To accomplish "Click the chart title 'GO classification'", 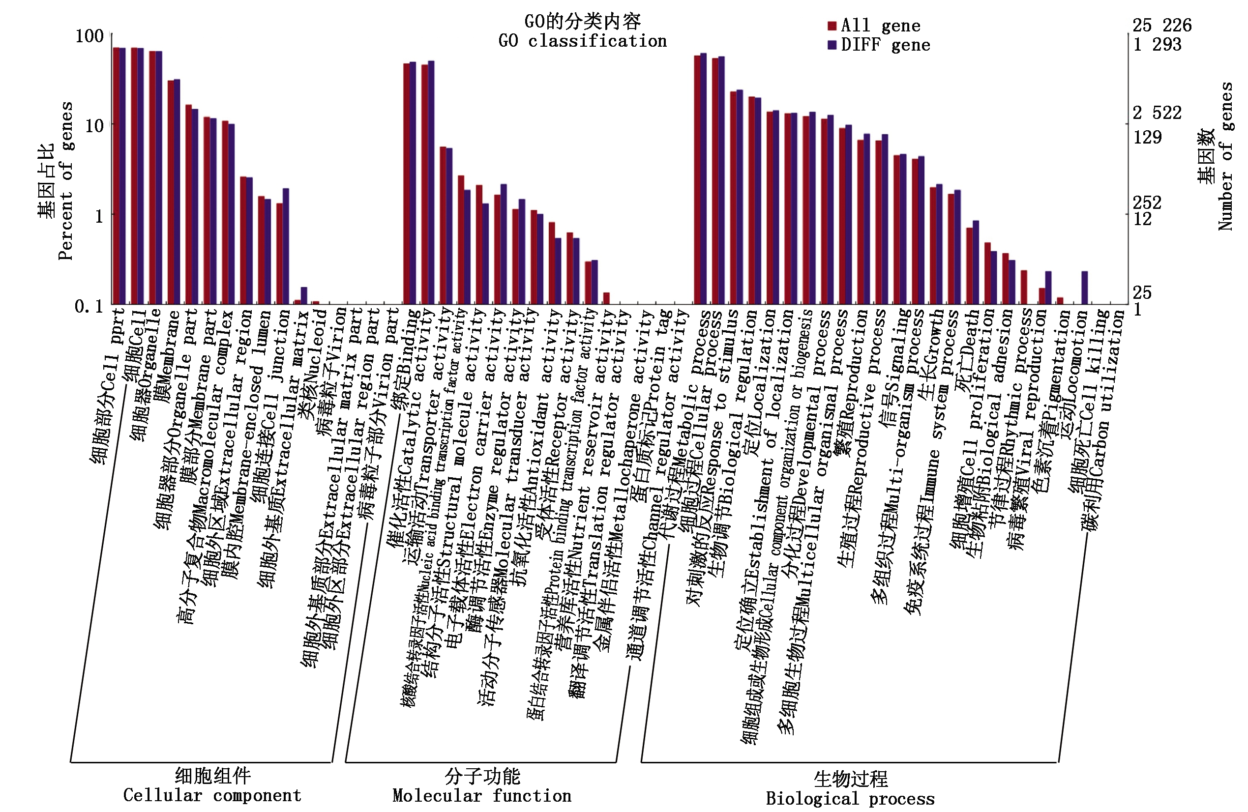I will [x=582, y=40].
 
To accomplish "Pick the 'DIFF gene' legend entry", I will [x=879, y=45].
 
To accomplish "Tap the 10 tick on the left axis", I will [x=94, y=125].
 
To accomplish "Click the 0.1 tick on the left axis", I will [x=89, y=306].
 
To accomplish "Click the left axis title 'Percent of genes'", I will [x=65, y=181].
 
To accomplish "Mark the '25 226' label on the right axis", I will [x=1161, y=25].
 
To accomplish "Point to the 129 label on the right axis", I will [x=1147, y=137].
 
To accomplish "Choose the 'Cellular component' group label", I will [x=212, y=795].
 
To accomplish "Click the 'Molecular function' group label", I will [x=481, y=795].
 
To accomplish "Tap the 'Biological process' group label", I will [x=850, y=798].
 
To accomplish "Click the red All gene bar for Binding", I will [x=406, y=183].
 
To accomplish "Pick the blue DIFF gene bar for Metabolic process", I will [x=703, y=178].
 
